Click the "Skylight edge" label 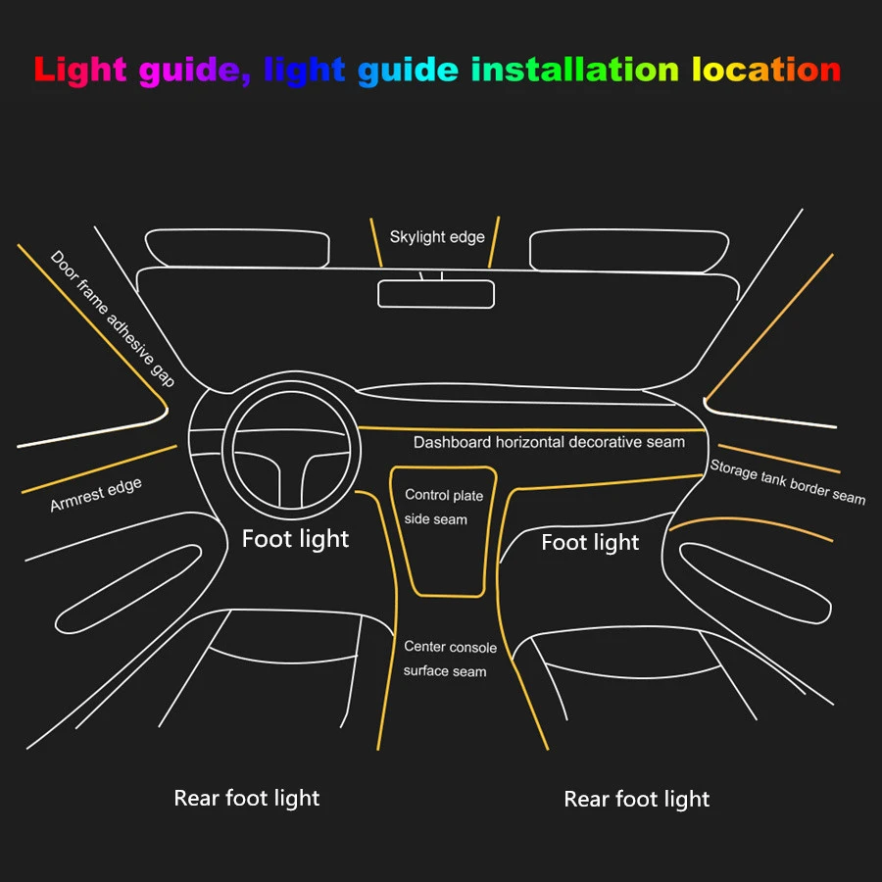coord(437,237)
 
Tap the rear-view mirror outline coord(436,293)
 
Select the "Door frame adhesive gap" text coord(113,318)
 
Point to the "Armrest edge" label coord(96,495)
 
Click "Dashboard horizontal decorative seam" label coord(549,442)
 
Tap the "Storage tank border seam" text coord(788,481)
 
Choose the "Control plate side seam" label coord(443,507)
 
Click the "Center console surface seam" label coord(450,659)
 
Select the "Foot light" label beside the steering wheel coord(295,538)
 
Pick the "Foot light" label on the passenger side coord(590,542)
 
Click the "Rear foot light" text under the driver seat coord(247,798)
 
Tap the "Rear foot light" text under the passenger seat coord(637,799)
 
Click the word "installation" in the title coord(574,70)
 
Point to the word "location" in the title coord(766,70)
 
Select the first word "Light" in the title coord(80,70)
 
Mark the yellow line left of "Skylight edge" coord(375,242)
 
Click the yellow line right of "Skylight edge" coord(494,241)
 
